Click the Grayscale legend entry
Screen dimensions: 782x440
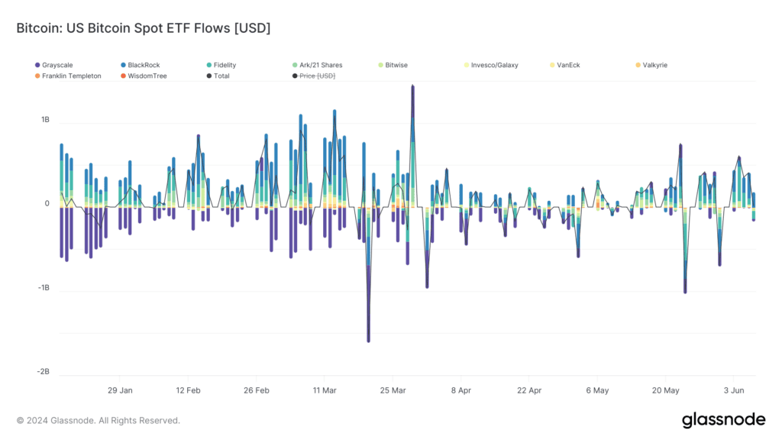[54, 65]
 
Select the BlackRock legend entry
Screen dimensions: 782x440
[141, 65]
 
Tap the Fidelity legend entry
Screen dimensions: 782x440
[221, 65]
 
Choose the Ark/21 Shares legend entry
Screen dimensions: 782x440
[317, 65]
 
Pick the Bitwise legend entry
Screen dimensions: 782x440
[393, 65]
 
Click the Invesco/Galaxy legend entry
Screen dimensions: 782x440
[491, 65]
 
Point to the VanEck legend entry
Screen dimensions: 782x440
[564, 65]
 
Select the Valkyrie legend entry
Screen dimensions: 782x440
[651, 65]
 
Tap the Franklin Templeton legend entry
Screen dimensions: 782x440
[68, 76]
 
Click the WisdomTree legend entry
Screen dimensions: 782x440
[144, 76]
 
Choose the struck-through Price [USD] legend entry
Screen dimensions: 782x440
[314, 76]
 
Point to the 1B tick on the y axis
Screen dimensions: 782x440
[45, 120]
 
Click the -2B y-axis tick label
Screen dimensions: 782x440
[44, 372]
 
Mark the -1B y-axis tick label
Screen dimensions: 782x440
[44, 288]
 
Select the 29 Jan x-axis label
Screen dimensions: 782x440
[120, 390]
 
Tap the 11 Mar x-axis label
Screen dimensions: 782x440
[325, 390]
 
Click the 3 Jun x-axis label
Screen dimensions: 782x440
[734, 390]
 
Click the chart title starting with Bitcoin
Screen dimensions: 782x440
[144, 28]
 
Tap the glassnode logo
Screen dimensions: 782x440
[724, 420]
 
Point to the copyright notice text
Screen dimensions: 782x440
[99, 421]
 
